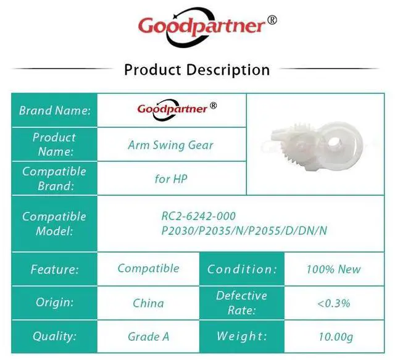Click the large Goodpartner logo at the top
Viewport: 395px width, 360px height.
207,27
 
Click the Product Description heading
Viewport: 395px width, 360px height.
197,70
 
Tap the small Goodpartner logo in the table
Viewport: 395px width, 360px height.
177,110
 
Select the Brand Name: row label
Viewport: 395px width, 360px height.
55,111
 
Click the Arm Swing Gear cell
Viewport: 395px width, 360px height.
170,145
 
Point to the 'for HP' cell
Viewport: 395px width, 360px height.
171,178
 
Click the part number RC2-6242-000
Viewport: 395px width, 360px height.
198,216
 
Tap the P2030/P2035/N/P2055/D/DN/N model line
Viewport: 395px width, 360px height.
244,230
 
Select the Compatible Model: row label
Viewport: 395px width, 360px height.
54,224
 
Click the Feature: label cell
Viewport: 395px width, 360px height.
55,269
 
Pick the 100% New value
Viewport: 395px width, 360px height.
334,269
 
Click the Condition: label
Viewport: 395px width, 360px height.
242,269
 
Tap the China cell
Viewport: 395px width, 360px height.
148,303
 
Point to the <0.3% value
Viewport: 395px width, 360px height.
334,303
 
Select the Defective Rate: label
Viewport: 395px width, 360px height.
241,303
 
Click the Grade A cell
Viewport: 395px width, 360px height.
148,337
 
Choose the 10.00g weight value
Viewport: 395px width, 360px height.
336,337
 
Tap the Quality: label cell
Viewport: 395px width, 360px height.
54,337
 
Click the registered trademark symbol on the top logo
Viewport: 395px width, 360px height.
272,20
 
